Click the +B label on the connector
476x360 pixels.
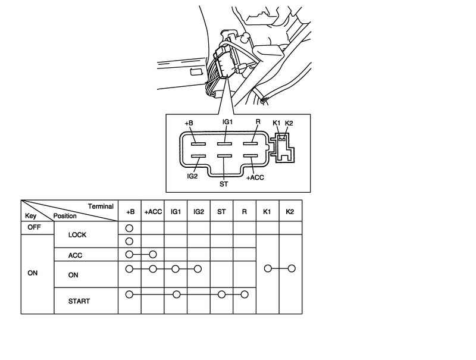point(189,123)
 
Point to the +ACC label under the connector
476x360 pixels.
point(255,178)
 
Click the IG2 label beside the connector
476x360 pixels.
point(192,177)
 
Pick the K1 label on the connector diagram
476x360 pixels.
point(277,123)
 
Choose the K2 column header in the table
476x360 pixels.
point(290,211)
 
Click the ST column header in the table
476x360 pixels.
point(221,211)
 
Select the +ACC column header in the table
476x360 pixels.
point(152,211)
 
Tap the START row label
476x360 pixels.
point(80,301)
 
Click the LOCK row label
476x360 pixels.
point(77,234)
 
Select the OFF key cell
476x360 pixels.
point(33,227)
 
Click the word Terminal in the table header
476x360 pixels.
point(101,206)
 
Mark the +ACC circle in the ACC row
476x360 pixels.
point(153,255)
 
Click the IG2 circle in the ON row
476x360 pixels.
point(198,269)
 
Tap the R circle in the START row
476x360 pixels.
point(245,294)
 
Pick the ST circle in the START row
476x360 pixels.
point(221,294)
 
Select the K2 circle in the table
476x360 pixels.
point(291,269)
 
